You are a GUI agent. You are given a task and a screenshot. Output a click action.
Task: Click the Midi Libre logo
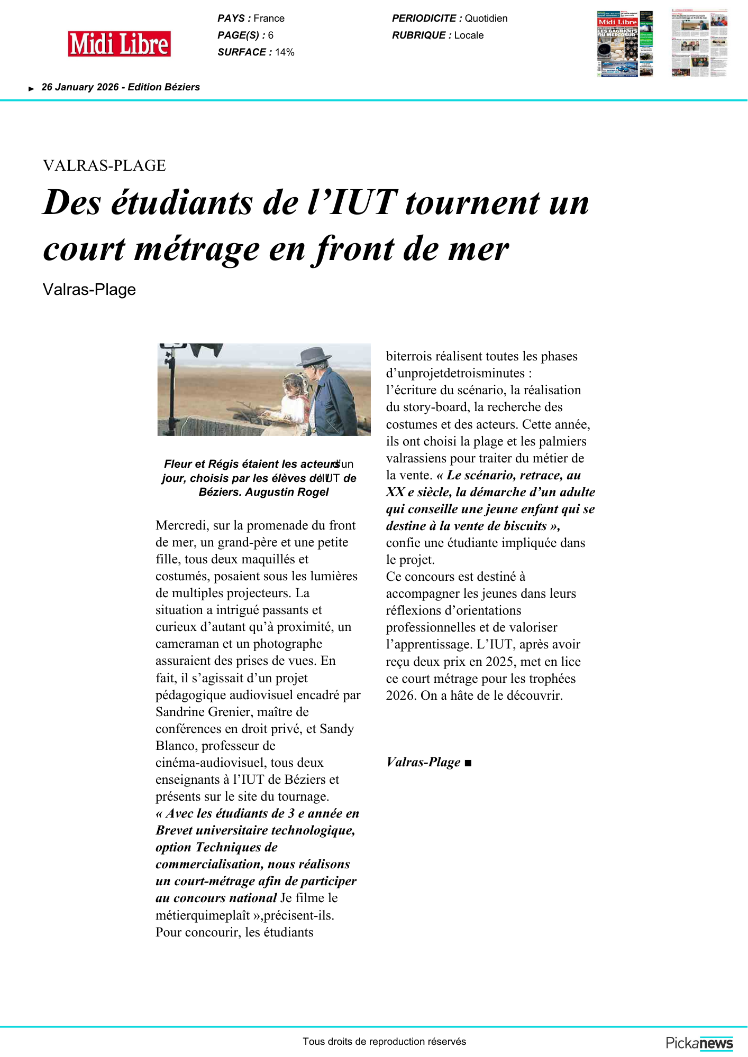pos(119,44)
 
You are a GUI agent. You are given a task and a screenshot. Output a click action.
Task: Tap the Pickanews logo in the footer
pos(699,1043)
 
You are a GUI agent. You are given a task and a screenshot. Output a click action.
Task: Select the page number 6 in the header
pos(271,35)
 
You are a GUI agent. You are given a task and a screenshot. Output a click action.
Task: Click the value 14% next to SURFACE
pos(285,52)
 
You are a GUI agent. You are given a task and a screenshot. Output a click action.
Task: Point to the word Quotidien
pos(486,18)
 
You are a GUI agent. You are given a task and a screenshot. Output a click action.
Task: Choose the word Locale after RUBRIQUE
pos(469,35)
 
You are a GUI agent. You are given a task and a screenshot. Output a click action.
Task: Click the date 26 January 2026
pos(80,87)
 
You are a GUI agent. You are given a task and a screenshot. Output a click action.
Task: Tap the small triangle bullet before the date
pos(31,89)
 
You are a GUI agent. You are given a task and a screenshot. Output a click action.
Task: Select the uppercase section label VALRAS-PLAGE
pos(104,165)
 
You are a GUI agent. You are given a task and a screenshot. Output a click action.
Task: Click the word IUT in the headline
pos(362,202)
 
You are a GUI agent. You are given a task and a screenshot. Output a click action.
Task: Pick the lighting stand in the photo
pos(171,391)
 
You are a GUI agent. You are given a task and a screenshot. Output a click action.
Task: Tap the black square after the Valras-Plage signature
pos(468,763)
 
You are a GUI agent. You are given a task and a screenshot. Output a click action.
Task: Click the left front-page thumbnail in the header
pos(624,44)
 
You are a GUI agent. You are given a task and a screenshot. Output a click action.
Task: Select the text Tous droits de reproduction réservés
pos(384,1042)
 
